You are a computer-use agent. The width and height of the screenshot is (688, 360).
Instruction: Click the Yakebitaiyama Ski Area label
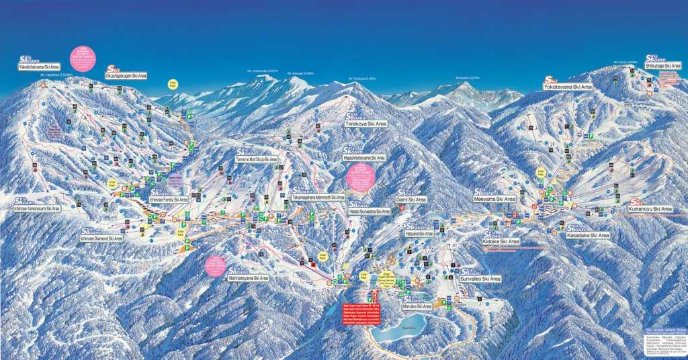39,67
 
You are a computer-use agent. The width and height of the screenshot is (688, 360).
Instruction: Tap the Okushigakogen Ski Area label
126,76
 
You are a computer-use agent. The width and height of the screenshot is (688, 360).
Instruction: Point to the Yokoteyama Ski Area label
568,87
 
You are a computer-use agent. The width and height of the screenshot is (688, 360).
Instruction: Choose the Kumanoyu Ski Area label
650,209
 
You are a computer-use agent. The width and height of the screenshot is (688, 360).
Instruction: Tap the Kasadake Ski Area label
588,235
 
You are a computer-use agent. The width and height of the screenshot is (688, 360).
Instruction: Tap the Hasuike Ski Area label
419,234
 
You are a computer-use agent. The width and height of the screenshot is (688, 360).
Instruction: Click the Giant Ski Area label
411,199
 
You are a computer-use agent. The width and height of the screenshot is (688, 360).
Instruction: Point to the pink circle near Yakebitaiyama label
83,59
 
